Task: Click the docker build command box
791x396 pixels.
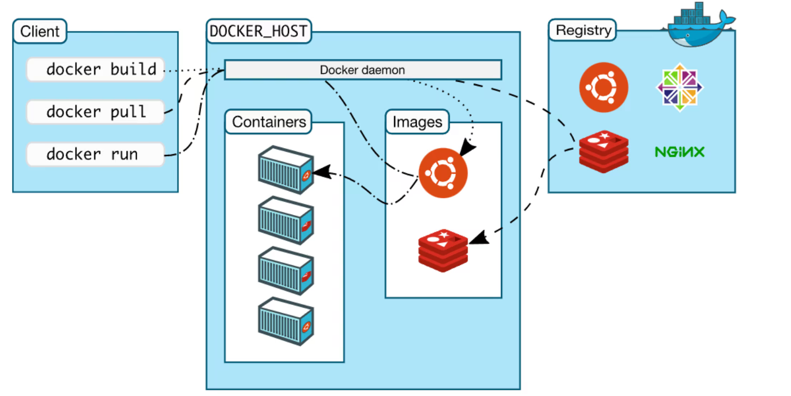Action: (x=95, y=70)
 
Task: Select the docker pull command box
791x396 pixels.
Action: (x=95, y=112)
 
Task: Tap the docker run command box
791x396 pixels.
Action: (x=95, y=154)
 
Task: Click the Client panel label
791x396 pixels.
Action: (x=40, y=31)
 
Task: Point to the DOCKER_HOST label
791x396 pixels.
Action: (x=258, y=31)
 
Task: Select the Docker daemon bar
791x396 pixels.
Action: (x=363, y=70)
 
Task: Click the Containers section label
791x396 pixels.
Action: (x=269, y=122)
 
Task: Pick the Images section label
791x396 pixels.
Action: (x=417, y=122)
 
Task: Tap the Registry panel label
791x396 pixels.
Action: (x=583, y=30)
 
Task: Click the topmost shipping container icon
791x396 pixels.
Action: (x=286, y=170)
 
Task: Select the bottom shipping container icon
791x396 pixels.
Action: (x=286, y=321)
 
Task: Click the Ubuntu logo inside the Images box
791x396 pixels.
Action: (x=443, y=173)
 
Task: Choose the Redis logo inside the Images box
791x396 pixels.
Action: (x=443, y=250)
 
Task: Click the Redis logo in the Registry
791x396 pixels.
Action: (x=604, y=151)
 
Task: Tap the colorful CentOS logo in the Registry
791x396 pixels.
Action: (x=679, y=87)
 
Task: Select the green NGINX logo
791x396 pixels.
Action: (x=679, y=152)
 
